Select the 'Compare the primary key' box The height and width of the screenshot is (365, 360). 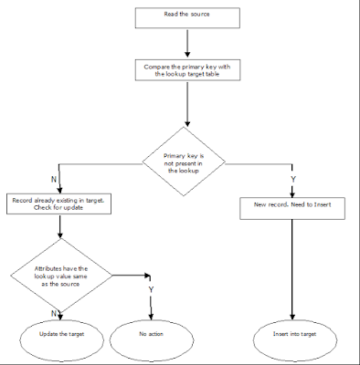point(186,71)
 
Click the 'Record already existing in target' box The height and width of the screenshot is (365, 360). point(59,203)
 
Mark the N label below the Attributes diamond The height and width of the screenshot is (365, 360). point(54,312)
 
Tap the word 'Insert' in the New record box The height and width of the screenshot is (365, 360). point(322,204)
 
